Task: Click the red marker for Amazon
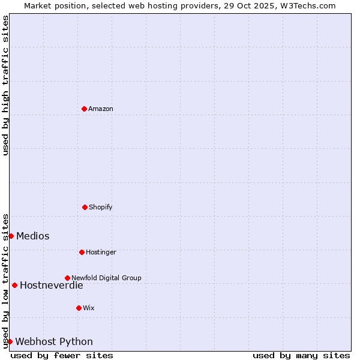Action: pyautogui.click(x=84, y=109)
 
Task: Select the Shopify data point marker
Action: pyautogui.click(x=85, y=207)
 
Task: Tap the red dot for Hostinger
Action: pyautogui.click(x=82, y=252)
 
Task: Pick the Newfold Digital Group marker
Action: pyautogui.click(x=67, y=278)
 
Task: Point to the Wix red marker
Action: pyautogui.click(x=79, y=308)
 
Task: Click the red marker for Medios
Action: pyautogui.click(x=11, y=236)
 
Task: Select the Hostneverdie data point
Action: pyautogui.click(x=14, y=285)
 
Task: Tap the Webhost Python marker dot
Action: pyautogui.click(x=10, y=341)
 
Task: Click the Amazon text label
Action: pyautogui.click(x=101, y=109)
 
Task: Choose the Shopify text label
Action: pyautogui.click(x=101, y=207)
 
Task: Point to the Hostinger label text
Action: pyautogui.click(x=101, y=252)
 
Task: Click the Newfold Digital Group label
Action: pyautogui.click(x=106, y=278)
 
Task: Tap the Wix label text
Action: pyautogui.click(x=89, y=308)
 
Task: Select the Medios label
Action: pyautogui.click(x=33, y=236)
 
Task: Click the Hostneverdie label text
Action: pyautogui.click(x=52, y=285)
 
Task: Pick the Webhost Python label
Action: pyautogui.click(x=54, y=341)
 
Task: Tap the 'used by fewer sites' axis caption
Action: pyautogui.click(x=62, y=355)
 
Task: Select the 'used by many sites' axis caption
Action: pyautogui.click(x=301, y=355)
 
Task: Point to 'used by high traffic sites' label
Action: pyautogui.click(x=5, y=85)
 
